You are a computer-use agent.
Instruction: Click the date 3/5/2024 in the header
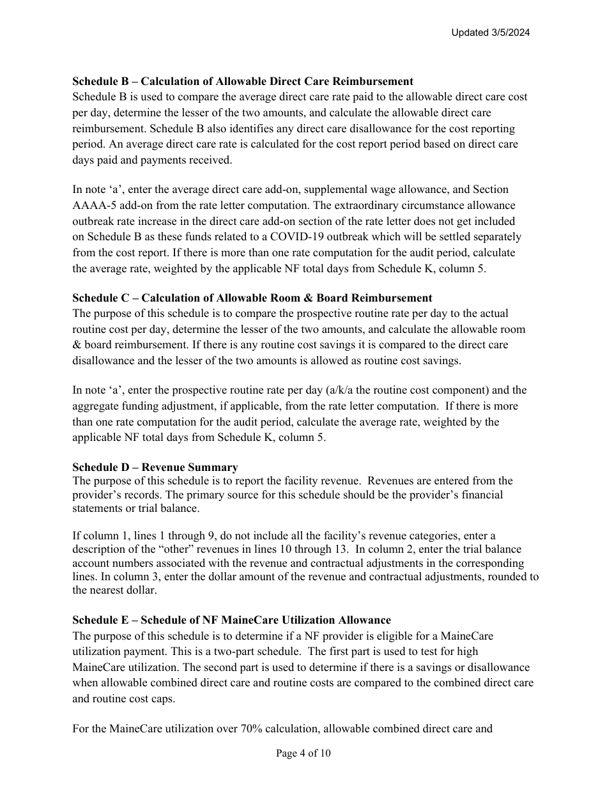tap(508, 33)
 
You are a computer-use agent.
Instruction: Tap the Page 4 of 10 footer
tap(303, 753)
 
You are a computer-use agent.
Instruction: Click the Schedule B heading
tap(242, 81)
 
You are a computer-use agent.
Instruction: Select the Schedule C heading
tap(252, 298)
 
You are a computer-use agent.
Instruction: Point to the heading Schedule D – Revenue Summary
tap(155, 467)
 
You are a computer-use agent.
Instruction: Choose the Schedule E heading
tap(231, 620)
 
